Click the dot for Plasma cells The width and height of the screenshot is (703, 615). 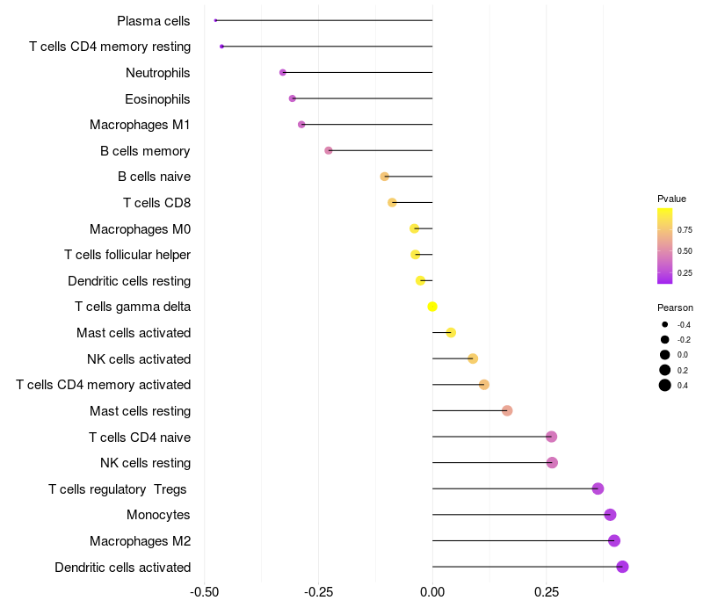click(x=215, y=20)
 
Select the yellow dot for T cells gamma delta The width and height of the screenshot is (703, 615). click(x=432, y=307)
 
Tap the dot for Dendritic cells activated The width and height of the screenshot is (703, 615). click(x=622, y=567)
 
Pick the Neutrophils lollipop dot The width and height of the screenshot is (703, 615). click(x=282, y=72)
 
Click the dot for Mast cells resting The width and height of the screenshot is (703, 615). click(x=507, y=410)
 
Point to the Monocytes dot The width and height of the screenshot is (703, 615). click(x=610, y=515)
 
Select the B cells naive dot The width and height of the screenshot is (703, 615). click(x=384, y=177)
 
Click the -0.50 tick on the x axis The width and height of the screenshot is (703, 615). click(x=205, y=592)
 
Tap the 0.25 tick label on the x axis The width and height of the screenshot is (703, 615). click(x=547, y=592)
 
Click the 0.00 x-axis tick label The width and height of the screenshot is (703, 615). click(x=432, y=592)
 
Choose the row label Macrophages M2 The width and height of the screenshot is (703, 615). click(x=140, y=541)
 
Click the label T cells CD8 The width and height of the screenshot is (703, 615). click(x=157, y=203)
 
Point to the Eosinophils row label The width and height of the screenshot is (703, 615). click(x=157, y=99)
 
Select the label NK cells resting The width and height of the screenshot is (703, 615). click(x=145, y=463)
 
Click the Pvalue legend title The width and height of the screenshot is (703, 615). click(x=671, y=199)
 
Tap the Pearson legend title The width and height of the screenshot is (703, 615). click(x=675, y=307)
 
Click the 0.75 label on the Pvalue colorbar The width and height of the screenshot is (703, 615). click(x=685, y=230)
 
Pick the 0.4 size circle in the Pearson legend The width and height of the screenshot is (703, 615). click(x=665, y=385)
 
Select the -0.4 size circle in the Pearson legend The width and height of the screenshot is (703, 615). click(x=665, y=324)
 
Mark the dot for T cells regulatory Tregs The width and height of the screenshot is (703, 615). click(x=598, y=488)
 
